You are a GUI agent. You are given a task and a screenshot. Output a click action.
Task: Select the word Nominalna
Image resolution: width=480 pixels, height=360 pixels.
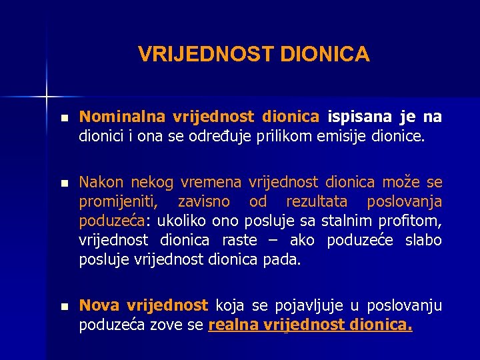pos(121,117)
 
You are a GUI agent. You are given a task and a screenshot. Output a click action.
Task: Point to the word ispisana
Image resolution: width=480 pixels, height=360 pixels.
pos(360,117)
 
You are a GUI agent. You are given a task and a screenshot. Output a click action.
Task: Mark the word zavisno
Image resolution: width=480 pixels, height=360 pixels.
pos(204,202)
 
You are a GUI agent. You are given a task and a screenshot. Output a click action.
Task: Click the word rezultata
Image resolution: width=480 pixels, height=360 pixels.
pos(317,202)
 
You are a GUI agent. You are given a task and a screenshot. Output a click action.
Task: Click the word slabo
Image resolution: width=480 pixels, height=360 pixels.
pos(423,240)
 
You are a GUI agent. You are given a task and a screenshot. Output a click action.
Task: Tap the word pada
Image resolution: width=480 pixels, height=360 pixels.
pos(286,259)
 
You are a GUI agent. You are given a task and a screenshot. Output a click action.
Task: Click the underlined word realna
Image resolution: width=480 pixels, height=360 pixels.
pos(232,325)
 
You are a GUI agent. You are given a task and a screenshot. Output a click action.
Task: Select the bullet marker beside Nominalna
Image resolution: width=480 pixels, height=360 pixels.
pos(63,117)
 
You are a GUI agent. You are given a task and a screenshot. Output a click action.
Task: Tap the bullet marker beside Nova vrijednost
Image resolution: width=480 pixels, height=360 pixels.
pos(63,306)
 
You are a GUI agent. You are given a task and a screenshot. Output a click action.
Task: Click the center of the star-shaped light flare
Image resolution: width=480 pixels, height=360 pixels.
pos(47,96)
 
